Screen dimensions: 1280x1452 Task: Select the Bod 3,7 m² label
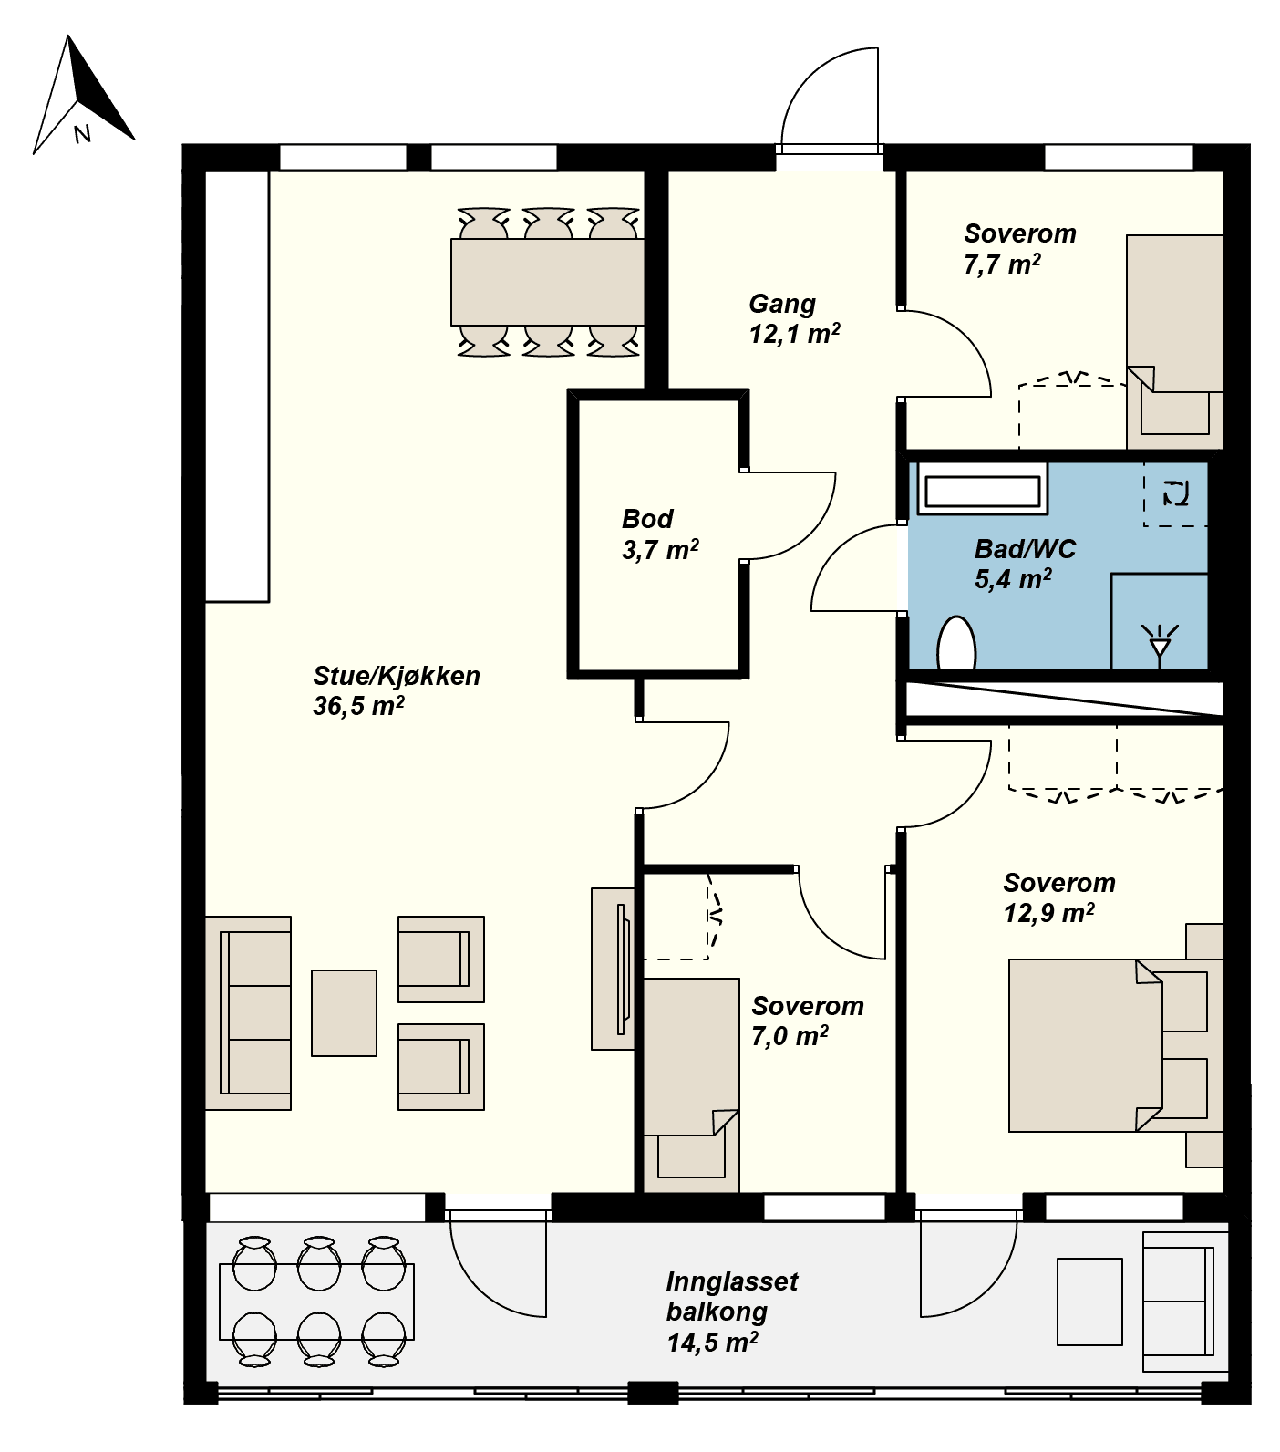[x=660, y=534]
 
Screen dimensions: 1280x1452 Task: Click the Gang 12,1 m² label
[x=794, y=318]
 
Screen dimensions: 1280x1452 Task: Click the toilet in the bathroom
[x=956, y=644]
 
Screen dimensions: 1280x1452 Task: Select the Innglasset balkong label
[x=731, y=1312]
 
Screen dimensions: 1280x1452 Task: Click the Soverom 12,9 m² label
[x=1058, y=897]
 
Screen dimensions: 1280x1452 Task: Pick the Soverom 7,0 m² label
[x=808, y=1021]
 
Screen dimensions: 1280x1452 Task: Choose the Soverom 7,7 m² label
[x=1020, y=249]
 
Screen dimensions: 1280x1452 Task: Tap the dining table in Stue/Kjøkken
[x=548, y=282]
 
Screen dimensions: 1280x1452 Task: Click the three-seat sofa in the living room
[x=248, y=1013]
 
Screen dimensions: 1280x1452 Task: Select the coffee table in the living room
[x=345, y=1013]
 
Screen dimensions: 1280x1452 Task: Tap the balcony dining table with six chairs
[x=317, y=1302]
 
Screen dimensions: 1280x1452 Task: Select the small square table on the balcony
[x=1089, y=1302]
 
